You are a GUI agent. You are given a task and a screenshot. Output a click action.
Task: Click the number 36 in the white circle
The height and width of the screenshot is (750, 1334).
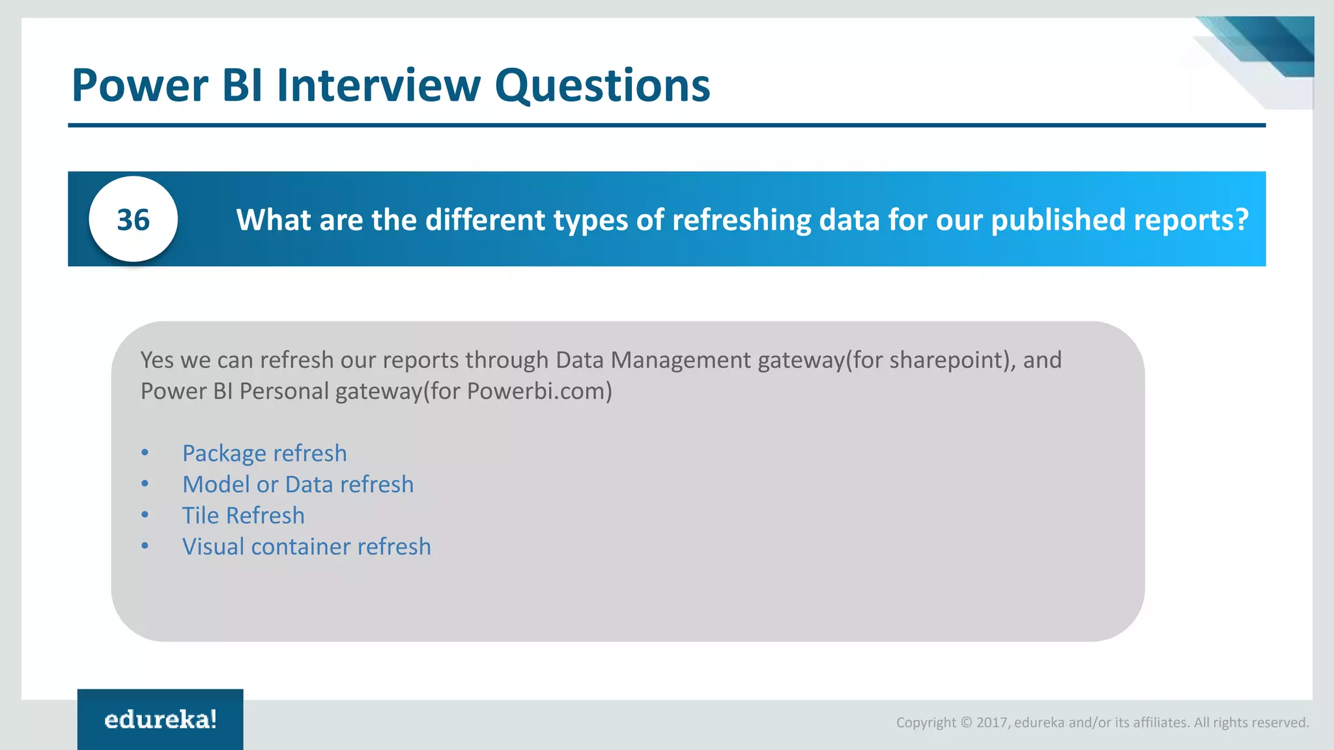pyautogui.click(x=133, y=220)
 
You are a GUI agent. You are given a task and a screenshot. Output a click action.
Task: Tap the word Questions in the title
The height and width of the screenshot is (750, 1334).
pyautogui.click(x=602, y=87)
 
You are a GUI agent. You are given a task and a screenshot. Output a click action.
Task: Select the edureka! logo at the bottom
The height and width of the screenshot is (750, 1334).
pyautogui.click(x=160, y=719)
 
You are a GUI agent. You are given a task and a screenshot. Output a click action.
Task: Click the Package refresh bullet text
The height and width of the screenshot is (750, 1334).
pyautogui.click(x=264, y=453)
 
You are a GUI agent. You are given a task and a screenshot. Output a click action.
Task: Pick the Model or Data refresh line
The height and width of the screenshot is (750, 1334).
pyautogui.click(x=298, y=484)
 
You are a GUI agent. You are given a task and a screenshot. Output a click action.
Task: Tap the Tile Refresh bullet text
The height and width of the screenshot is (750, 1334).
pyautogui.click(x=243, y=516)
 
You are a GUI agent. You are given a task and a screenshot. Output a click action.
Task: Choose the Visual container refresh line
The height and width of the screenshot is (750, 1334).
pyautogui.click(x=306, y=547)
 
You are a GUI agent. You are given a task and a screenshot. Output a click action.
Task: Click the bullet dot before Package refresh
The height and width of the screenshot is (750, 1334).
pyautogui.click(x=145, y=453)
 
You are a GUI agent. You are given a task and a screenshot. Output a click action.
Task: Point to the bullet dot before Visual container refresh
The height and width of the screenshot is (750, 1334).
pyautogui.click(x=145, y=547)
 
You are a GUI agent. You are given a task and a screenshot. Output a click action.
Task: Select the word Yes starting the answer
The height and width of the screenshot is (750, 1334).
pyautogui.click(x=157, y=360)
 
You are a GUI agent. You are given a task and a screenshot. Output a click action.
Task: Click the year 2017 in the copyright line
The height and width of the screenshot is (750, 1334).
pyautogui.click(x=992, y=723)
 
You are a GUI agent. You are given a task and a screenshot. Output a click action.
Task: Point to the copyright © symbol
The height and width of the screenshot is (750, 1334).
pyautogui.click(x=966, y=723)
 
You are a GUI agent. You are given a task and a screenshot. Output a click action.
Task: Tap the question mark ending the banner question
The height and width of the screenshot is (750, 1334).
pyautogui.click(x=1242, y=220)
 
